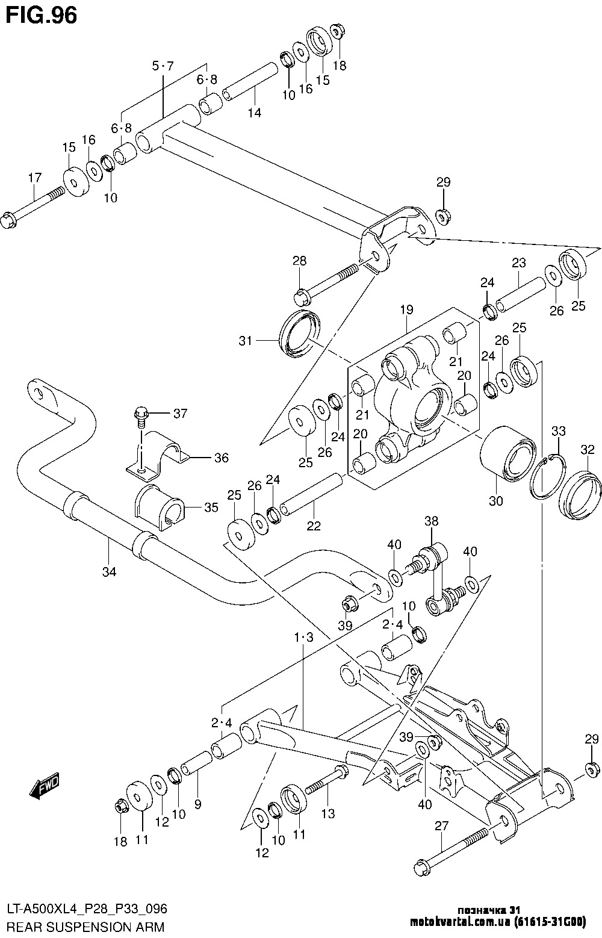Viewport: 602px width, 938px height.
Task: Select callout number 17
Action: pos(34,178)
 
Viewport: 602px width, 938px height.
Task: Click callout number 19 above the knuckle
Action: pos(406,311)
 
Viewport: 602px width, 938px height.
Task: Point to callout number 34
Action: pos(108,571)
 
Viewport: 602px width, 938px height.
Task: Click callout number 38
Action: pos(432,521)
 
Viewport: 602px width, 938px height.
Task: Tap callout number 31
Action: pos(245,341)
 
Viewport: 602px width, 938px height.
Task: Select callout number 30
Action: pos(495,500)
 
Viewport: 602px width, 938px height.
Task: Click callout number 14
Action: pos(255,112)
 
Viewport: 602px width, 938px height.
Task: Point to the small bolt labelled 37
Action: pos(140,416)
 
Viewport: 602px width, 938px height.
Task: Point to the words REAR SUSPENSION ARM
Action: pos(85,927)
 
